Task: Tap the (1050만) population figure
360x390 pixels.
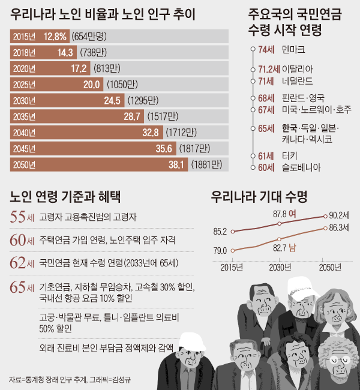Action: tap(121, 85)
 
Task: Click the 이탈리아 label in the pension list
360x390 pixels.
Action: tap(298, 69)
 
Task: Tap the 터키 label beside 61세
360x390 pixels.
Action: tap(290, 156)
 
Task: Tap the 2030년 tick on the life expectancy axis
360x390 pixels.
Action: tap(280, 266)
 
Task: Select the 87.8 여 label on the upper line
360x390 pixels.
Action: tap(284, 213)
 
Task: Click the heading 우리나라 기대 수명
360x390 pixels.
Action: tap(257, 195)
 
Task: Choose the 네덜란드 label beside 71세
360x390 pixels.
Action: tap(298, 80)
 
